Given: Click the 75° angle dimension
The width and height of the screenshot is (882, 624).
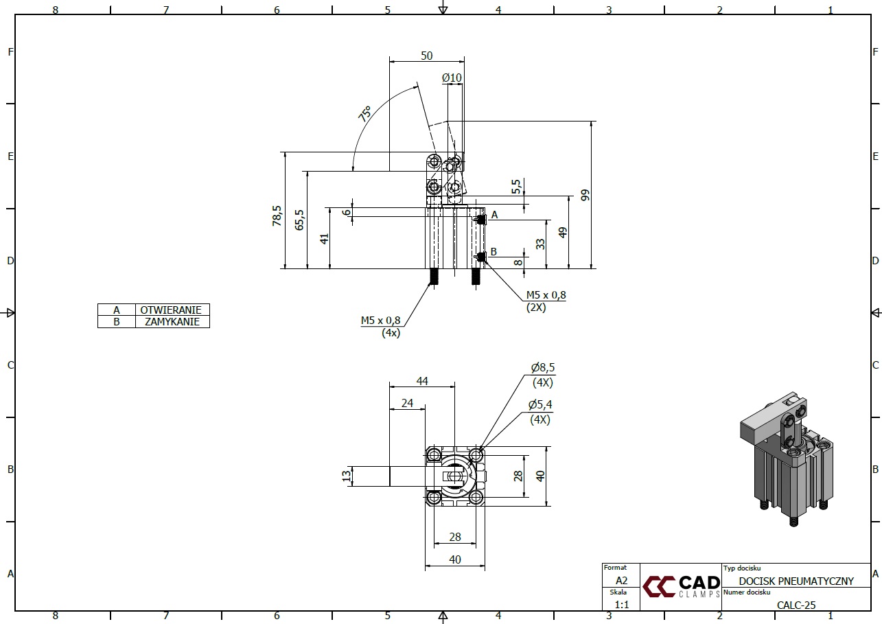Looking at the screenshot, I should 364,113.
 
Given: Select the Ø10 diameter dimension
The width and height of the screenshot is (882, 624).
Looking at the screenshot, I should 452,78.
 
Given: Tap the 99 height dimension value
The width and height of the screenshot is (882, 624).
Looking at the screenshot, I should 585,194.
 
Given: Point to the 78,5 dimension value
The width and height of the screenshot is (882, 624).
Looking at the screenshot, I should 277,216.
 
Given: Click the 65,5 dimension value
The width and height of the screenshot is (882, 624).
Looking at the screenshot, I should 299,220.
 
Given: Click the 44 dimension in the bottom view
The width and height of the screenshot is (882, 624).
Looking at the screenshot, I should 421,381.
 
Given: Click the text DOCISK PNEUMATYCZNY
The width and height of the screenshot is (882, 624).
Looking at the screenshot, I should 796,581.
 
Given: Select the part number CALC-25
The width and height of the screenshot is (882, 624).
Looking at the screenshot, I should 796,605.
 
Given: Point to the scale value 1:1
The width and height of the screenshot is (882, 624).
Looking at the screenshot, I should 622,605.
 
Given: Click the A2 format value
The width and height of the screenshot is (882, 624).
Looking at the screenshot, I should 621,580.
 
